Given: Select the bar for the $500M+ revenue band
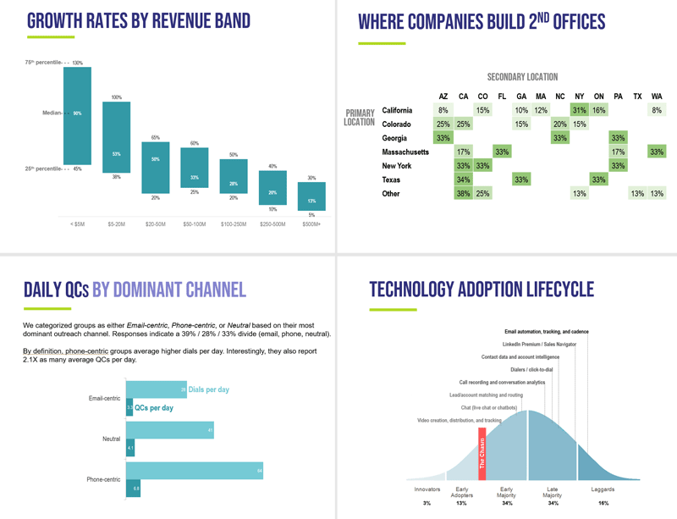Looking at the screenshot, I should pyautogui.click(x=311, y=196).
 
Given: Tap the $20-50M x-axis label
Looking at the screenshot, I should pyautogui.click(x=155, y=224).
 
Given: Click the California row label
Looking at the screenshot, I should pyautogui.click(x=398, y=110).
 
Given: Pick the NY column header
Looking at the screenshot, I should pyautogui.click(x=579, y=96).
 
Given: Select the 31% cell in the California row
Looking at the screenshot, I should pyautogui.click(x=579, y=110).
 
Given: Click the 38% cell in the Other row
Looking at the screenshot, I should pyautogui.click(x=463, y=194).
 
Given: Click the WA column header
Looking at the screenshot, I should pyautogui.click(x=657, y=96).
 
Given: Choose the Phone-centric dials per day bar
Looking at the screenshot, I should pyautogui.click(x=195, y=471).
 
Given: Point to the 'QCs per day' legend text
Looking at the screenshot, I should pyautogui.click(x=154, y=407).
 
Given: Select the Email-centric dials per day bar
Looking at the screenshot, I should pyautogui.click(x=157, y=389).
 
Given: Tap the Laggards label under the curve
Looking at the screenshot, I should pyautogui.click(x=603, y=489).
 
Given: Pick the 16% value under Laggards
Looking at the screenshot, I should pyautogui.click(x=603, y=503).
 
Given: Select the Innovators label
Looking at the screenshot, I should pyautogui.click(x=427, y=489).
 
